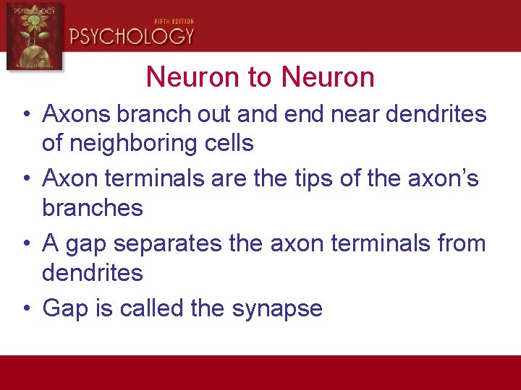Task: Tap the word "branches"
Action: pyautogui.click(x=93, y=208)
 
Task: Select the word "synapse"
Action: pyautogui.click(x=277, y=309)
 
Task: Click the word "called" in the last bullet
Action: pyautogui.click(x=152, y=308)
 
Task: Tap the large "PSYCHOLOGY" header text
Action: pyautogui.click(x=132, y=36)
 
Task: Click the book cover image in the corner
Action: pyautogui.click(x=34, y=36)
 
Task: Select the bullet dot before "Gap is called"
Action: pyautogui.click(x=25, y=309)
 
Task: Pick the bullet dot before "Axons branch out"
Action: pyautogui.click(x=25, y=114)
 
